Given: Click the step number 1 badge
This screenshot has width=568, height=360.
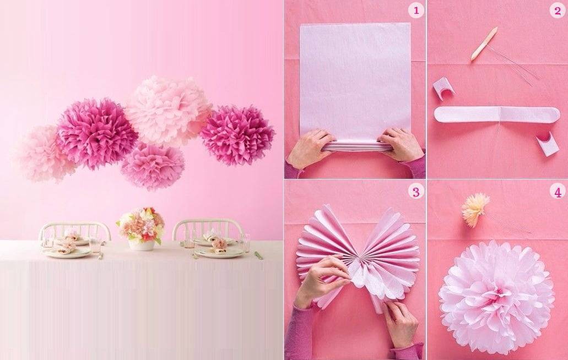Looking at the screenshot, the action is (x=416, y=10).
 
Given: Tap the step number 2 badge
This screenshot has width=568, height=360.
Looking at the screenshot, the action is (x=558, y=11).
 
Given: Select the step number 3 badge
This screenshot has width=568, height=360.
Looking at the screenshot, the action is (x=416, y=192).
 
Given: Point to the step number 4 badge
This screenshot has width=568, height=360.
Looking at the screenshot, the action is (x=558, y=192).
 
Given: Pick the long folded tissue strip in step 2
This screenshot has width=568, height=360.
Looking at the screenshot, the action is (x=497, y=114).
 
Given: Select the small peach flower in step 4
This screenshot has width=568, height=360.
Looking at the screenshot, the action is (x=475, y=210).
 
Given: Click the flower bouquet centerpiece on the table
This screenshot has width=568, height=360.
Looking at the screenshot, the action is (x=140, y=225).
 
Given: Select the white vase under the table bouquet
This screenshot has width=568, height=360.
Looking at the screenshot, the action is (x=142, y=244).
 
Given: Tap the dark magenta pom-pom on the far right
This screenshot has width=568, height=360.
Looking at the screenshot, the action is (x=237, y=135).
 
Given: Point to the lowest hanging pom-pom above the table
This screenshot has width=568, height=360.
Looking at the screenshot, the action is (x=152, y=166).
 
